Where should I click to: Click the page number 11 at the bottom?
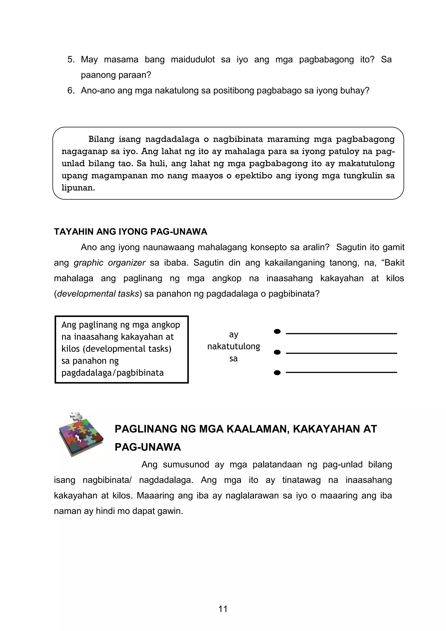[223, 609]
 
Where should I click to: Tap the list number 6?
[71, 90]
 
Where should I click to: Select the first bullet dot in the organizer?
[277, 332]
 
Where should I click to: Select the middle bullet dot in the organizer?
[277, 352]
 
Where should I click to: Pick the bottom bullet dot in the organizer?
[277, 373]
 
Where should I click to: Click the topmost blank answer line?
[341, 333]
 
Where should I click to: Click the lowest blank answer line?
[341, 372]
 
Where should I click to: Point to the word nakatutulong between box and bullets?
[233, 346]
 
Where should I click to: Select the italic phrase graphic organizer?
[109, 263]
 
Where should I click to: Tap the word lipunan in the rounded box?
[78, 188]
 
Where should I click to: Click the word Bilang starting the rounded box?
[101, 139]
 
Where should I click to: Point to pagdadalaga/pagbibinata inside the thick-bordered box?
[112, 373]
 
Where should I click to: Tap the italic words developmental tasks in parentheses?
[98, 294]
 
